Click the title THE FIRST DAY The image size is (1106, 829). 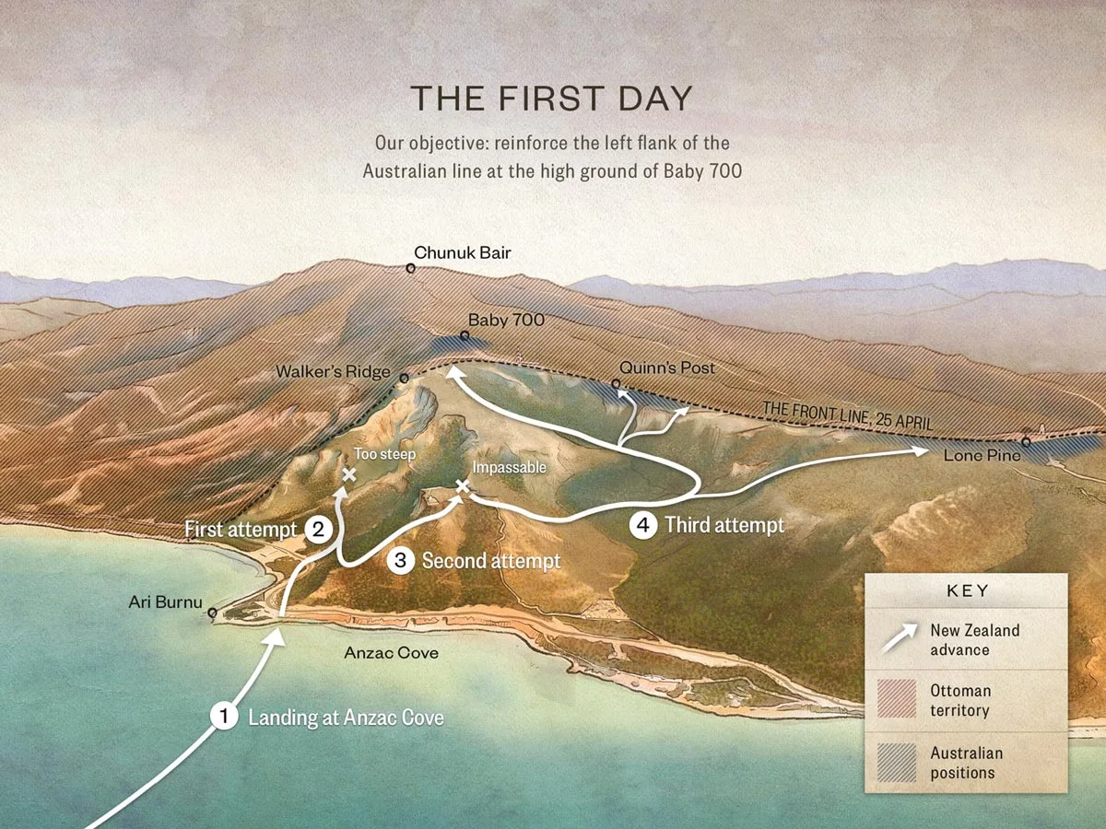click(x=551, y=99)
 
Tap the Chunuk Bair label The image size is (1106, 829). click(x=462, y=252)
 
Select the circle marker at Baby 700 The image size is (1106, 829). click(x=465, y=336)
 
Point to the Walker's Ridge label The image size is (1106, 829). click(x=334, y=372)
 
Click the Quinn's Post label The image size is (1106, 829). click(x=666, y=368)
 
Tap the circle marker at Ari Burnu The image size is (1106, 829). click(x=213, y=613)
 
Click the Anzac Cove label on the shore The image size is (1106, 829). click(x=390, y=653)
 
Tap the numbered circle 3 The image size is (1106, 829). click(x=400, y=560)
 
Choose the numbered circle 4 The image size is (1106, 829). click(x=642, y=525)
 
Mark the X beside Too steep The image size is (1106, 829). click(x=349, y=474)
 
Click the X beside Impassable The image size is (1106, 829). click(x=462, y=485)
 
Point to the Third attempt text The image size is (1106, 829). click(x=724, y=525)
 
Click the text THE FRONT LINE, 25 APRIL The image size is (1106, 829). click(x=848, y=416)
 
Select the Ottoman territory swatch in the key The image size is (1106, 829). click(x=899, y=700)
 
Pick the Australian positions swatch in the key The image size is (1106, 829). click(x=899, y=763)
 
